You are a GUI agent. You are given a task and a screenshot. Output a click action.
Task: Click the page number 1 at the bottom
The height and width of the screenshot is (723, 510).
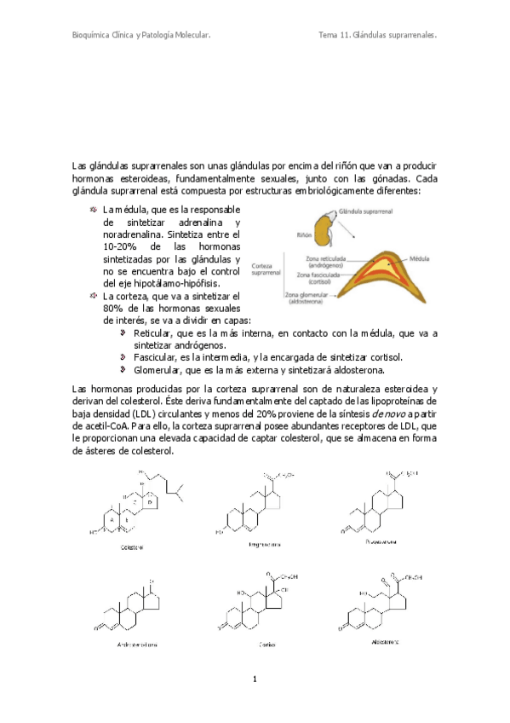[254, 680]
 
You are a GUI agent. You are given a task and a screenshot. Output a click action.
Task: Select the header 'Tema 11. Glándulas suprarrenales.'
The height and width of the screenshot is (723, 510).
[377, 36]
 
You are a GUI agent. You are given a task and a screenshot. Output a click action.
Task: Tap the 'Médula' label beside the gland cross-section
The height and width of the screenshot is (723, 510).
[420, 256]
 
